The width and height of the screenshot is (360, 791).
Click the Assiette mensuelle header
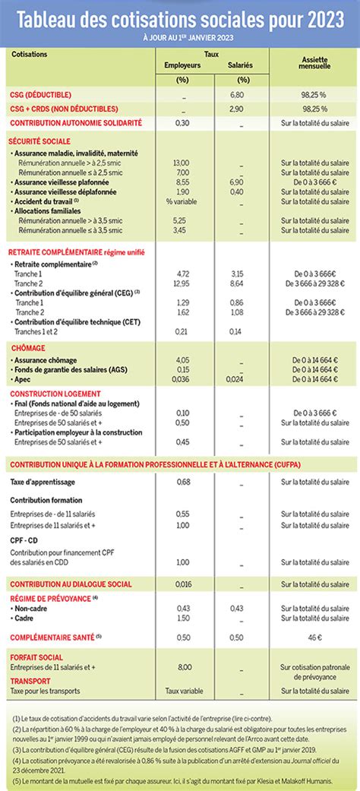coord(314,63)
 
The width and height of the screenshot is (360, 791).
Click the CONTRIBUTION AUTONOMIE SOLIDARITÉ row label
coord(76,122)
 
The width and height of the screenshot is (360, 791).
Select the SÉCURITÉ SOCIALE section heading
coord(39,141)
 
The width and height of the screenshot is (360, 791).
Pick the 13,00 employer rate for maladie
coord(182,163)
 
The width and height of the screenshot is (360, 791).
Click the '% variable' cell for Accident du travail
coord(182,201)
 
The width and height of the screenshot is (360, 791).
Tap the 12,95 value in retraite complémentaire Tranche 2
coord(182,283)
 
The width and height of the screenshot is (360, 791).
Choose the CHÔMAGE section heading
coord(27,346)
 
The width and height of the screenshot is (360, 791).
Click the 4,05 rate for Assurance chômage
coord(182,359)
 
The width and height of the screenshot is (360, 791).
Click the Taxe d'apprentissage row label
coord(41,482)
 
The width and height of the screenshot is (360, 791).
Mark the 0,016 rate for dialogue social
coord(182,584)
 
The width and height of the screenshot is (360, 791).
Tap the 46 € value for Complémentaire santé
coord(314,637)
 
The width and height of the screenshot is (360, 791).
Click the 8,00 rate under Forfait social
coord(182,666)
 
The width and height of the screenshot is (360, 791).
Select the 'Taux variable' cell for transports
coord(182,690)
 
